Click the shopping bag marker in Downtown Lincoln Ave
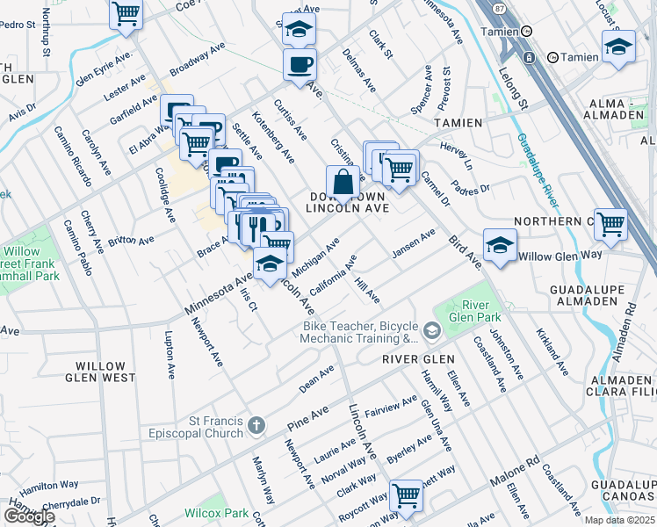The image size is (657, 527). (343, 183)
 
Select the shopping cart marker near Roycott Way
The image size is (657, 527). (406, 496)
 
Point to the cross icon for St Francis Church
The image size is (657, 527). (256, 426)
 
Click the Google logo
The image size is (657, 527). (28, 516)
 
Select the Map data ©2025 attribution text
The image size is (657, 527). (619, 520)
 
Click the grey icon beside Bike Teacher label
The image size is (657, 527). (431, 331)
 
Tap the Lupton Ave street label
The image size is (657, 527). (170, 355)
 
